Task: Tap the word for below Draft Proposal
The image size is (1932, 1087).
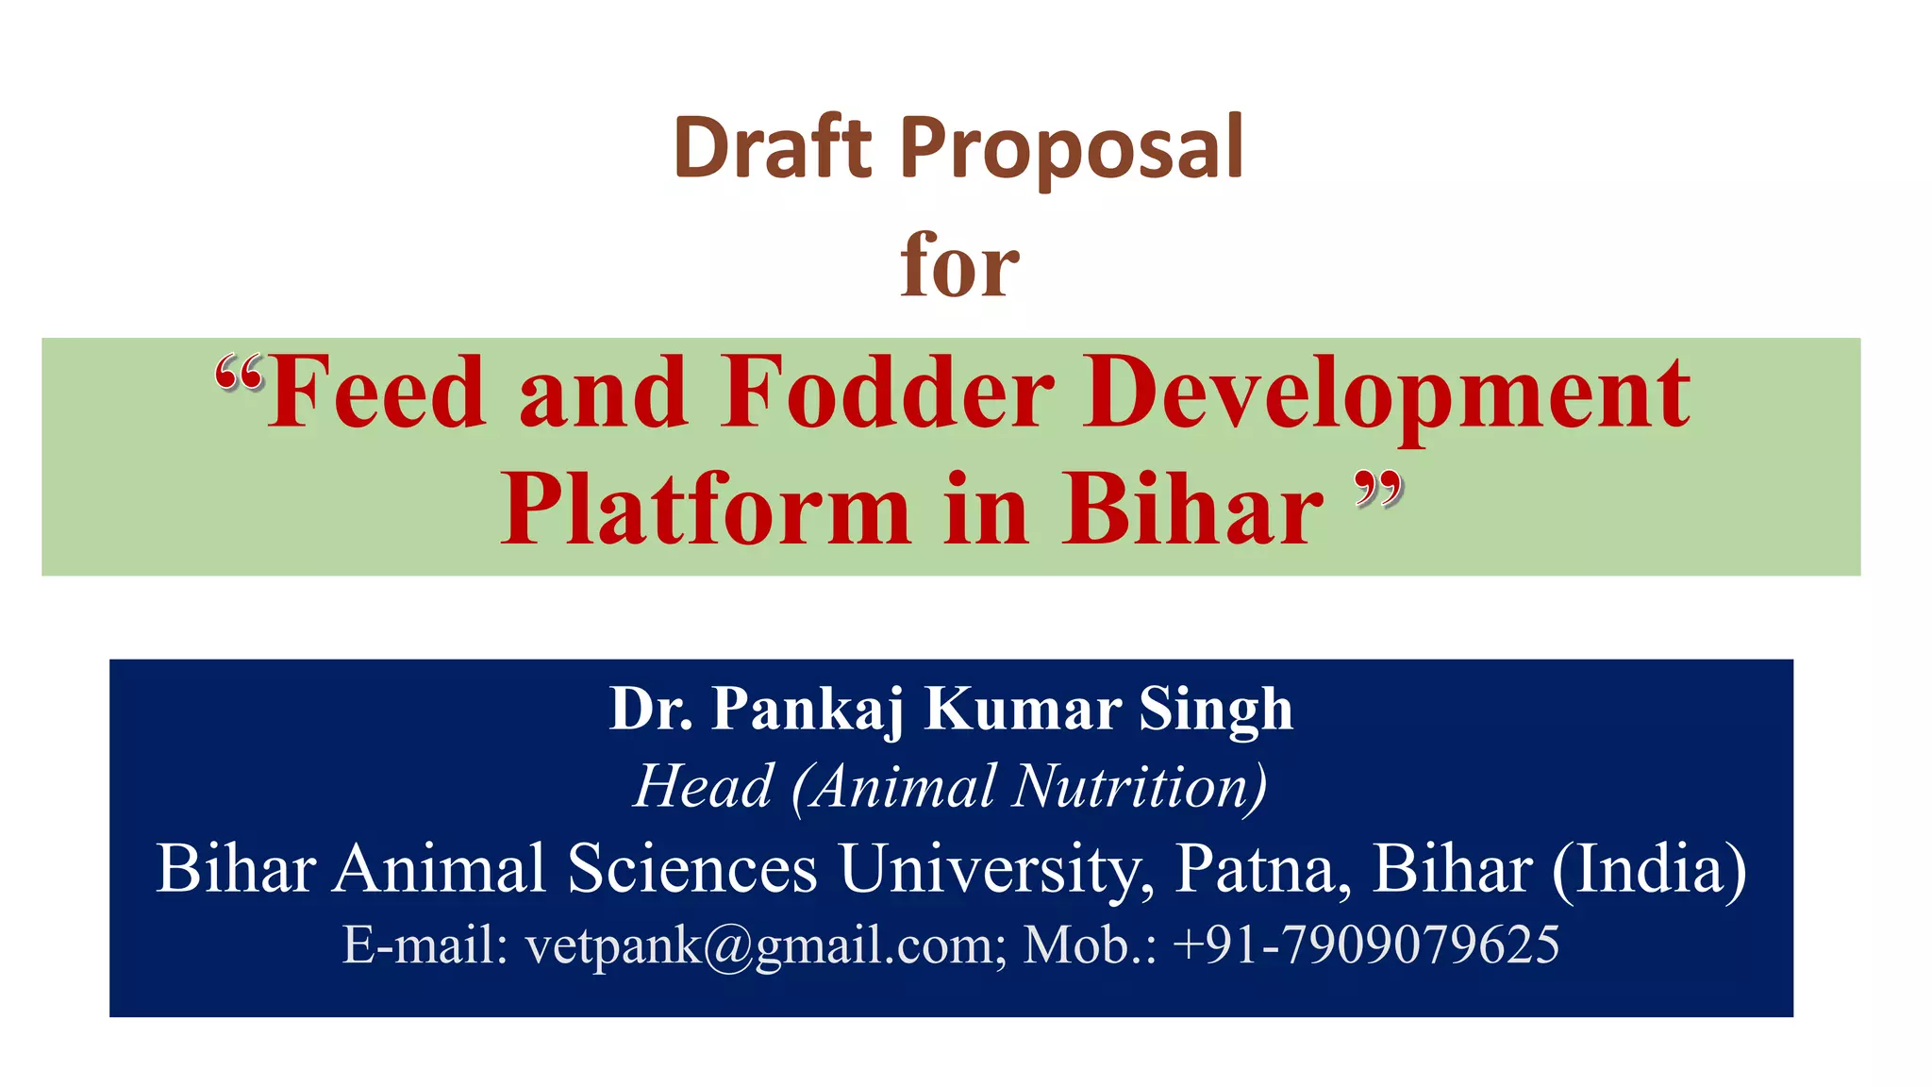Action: [x=958, y=266]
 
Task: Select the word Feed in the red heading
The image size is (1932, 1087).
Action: [x=376, y=393]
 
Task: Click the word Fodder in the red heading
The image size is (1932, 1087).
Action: [x=888, y=393]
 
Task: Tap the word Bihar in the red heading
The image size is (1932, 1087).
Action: [x=1192, y=510]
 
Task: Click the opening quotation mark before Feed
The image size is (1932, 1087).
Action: [x=238, y=374]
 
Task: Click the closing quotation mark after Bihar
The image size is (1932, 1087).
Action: [x=1378, y=490]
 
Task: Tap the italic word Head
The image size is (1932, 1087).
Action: [x=704, y=786]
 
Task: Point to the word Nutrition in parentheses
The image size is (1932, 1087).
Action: [x=1136, y=786]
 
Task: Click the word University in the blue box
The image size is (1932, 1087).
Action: [x=996, y=869]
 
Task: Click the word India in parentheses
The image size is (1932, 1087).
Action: [x=1650, y=869]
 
